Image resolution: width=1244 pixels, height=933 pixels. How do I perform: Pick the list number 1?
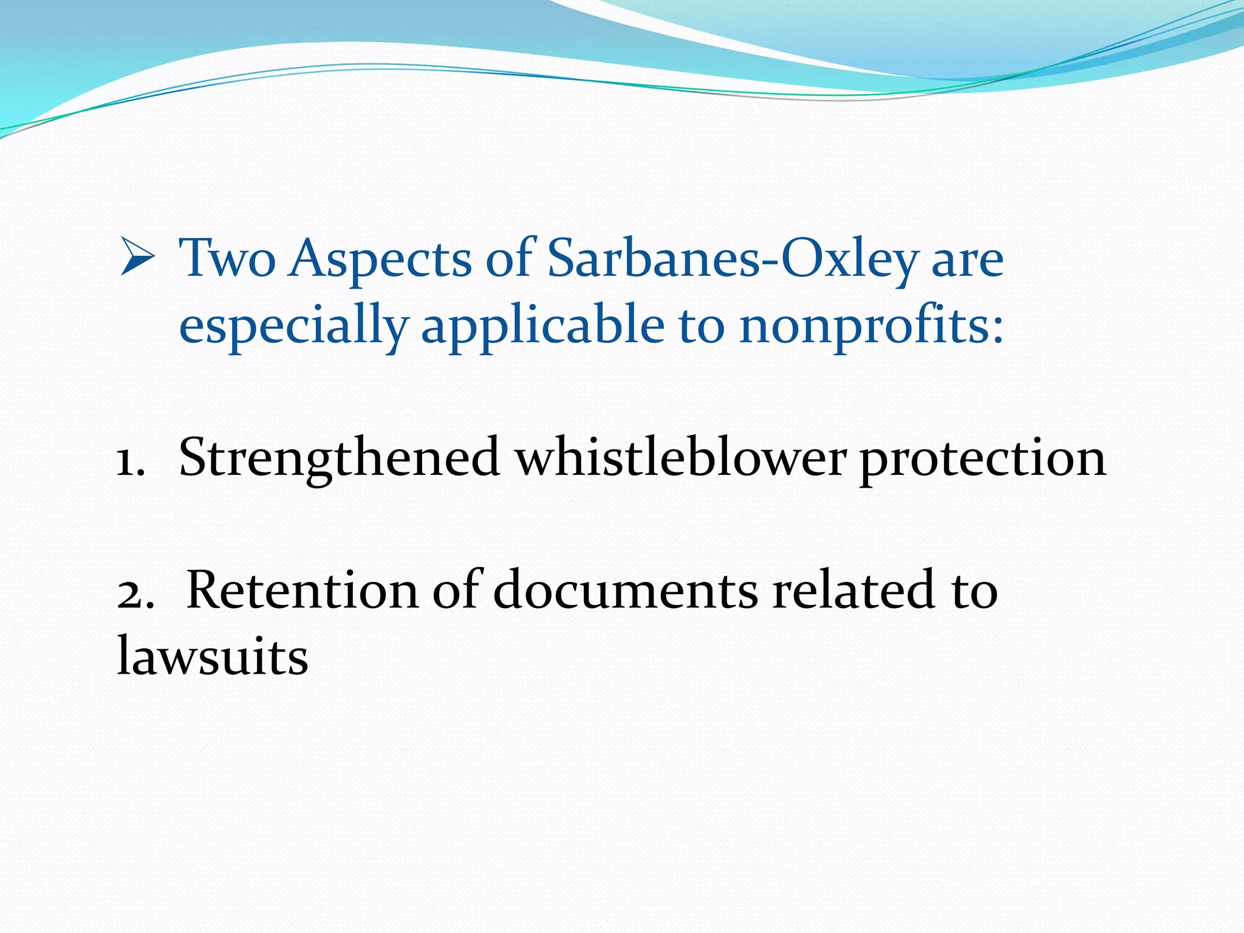pos(130,460)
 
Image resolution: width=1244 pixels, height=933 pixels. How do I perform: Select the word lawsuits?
pos(213,657)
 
